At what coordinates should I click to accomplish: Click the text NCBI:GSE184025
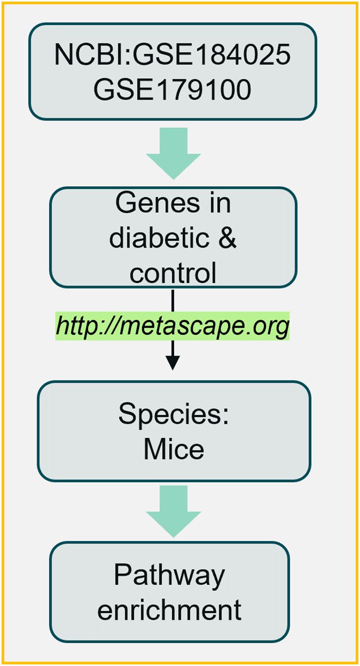point(173,56)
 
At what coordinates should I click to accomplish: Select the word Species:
point(174,416)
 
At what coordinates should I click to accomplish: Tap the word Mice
point(174,449)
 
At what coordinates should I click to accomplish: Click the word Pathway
point(169,576)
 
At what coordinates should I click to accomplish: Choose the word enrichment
point(169,610)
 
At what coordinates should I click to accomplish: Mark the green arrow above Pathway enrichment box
point(173,510)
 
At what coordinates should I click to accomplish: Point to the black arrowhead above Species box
point(173,363)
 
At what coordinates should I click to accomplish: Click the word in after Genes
point(219,203)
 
